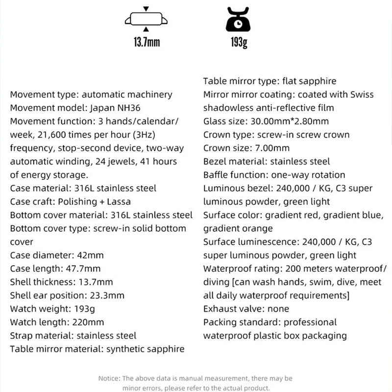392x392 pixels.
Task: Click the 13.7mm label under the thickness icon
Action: click(x=147, y=42)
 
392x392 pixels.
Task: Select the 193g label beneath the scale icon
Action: click(x=238, y=42)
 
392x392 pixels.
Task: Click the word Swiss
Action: click(x=361, y=94)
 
